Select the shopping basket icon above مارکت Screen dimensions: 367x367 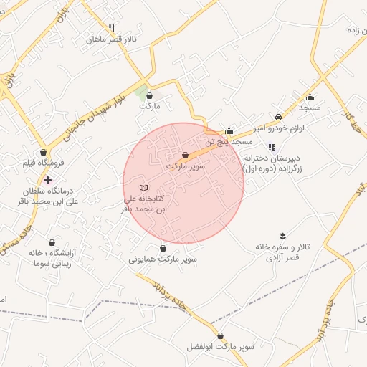point(149,95)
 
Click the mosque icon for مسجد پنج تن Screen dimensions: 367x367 point(229,130)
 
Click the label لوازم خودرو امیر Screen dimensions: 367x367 point(278,128)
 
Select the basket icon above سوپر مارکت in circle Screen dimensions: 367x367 point(186,155)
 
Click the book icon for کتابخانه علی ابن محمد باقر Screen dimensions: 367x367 point(141,186)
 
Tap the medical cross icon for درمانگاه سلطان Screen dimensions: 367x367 point(47,180)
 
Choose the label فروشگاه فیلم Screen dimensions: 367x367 point(44,163)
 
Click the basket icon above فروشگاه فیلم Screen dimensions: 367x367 point(44,152)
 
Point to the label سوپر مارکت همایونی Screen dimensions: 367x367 point(163,259)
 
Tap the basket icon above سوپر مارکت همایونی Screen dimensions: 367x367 point(163,248)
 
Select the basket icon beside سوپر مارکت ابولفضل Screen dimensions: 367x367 point(219,335)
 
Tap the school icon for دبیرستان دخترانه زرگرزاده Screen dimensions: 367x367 point(271,147)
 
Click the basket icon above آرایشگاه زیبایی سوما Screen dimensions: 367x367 point(52,242)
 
